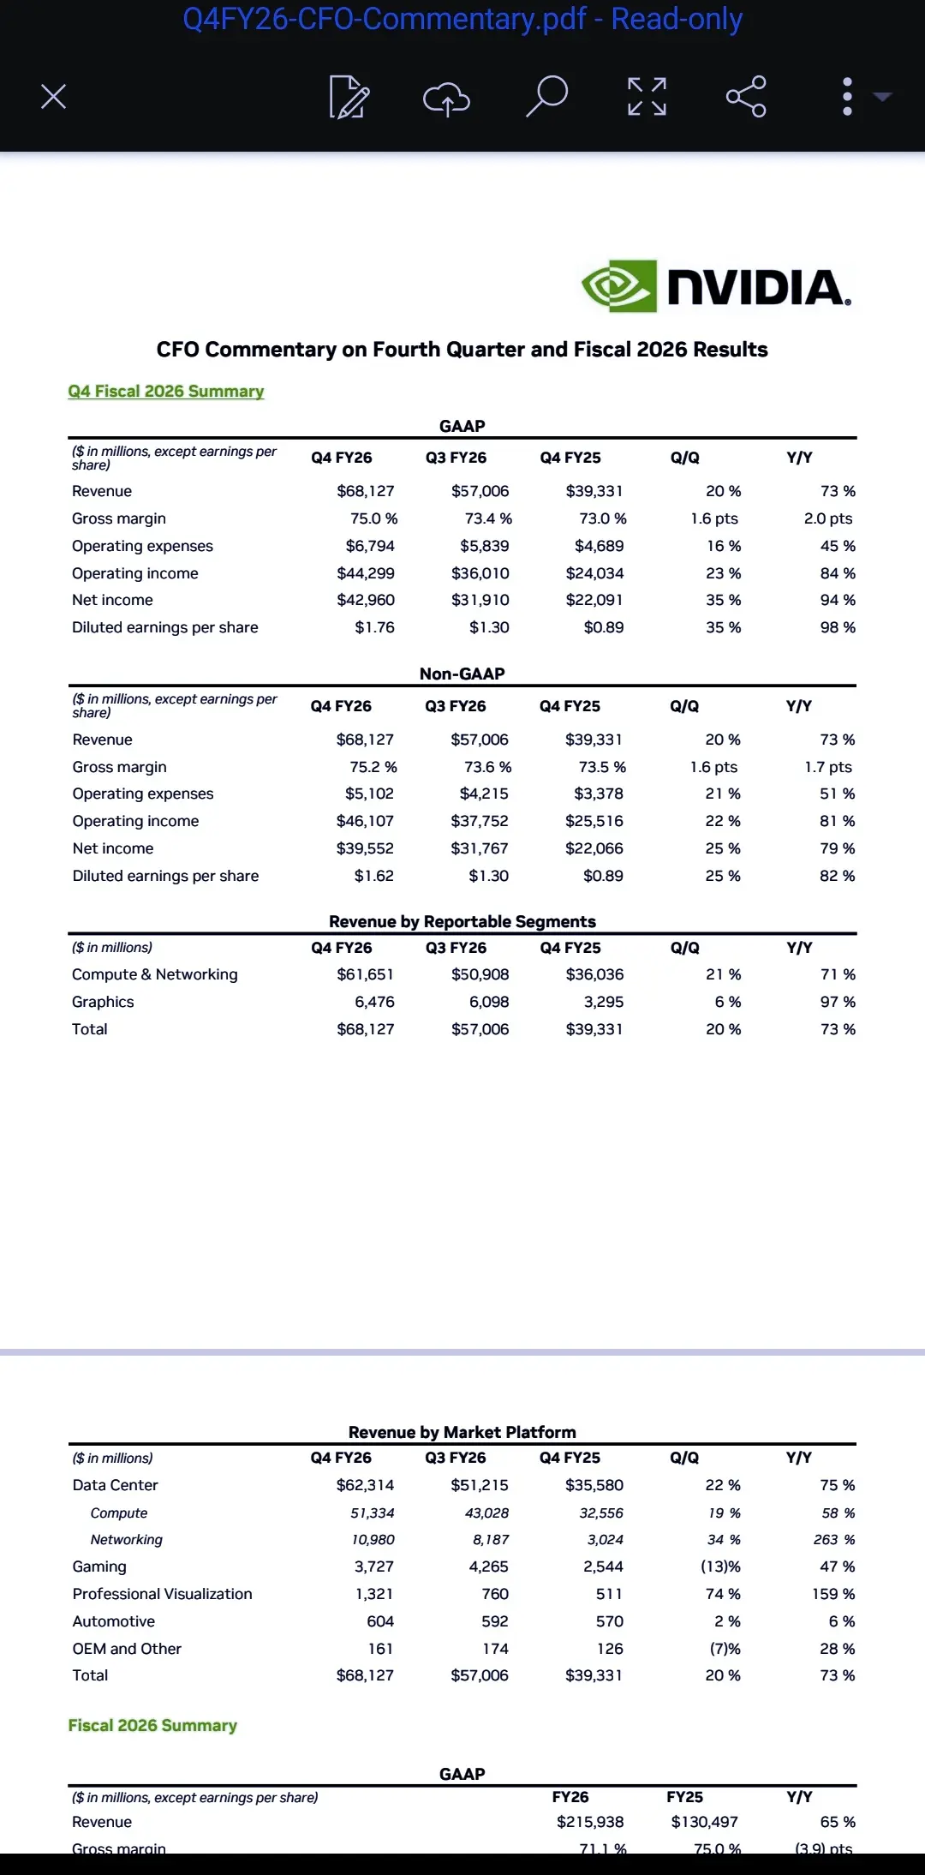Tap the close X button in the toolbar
[x=53, y=96]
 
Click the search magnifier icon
[x=546, y=96]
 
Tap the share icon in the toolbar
[x=746, y=96]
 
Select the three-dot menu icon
[x=847, y=96]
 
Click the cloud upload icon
[x=446, y=98]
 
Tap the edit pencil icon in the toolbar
[x=349, y=97]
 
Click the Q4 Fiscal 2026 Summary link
[x=166, y=392]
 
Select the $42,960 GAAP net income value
[x=366, y=600]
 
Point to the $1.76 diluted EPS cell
[x=374, y=627]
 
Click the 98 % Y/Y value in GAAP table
[x=838, y=627]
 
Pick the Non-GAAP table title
[x=462, y=674]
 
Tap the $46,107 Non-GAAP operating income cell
[x=365, y=821]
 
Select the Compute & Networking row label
[x=155, y=974]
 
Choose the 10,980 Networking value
[x=373, y=1540]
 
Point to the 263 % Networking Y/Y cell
[x=833, y=1540]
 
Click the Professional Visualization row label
[x=163, y=1594]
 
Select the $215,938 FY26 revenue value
[x=590, y=1822]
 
